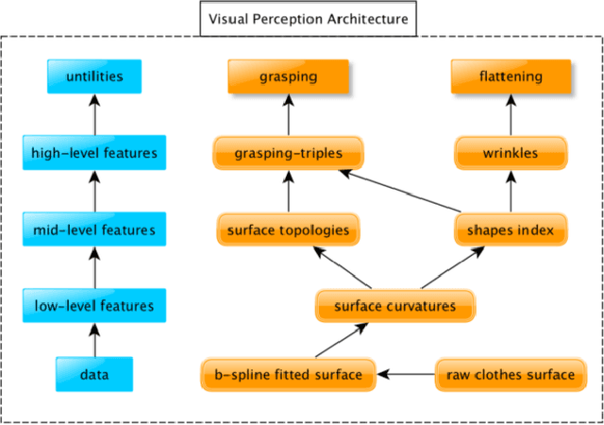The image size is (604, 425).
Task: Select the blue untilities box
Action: tap(93, 76)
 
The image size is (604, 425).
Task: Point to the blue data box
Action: tap(93, 374)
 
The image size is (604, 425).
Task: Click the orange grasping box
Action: tap(289, 76)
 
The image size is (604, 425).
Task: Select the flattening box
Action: tap(511, 76)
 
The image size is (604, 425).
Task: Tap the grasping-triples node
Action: tap(289, 152)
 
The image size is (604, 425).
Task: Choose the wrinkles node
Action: tap(511, 152)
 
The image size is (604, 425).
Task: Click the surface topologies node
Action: tap(289, 229)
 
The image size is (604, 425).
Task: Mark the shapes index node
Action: tap(511, 229)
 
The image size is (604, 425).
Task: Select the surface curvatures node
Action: tap(394, 306)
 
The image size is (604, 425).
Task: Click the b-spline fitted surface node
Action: tap(288, 374)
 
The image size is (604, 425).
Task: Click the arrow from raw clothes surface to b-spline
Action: tap(406, 374)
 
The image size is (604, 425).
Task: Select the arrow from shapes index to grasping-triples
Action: tap(406, 192)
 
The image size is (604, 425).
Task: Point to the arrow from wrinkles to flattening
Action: tap(511, 114)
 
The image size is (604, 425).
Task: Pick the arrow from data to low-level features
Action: tap(93, 339)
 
